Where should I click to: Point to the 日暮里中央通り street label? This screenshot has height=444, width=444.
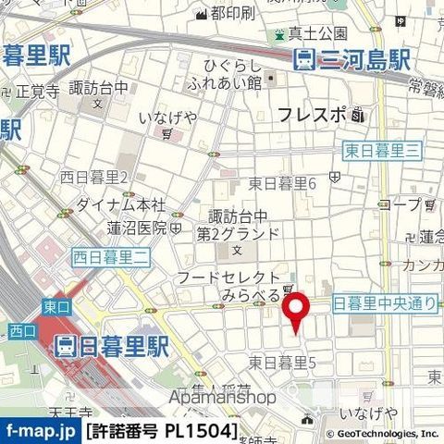coord(382,302)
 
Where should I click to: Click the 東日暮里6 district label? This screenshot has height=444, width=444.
coord(282,183)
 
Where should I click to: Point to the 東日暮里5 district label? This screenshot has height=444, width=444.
coord(282,362)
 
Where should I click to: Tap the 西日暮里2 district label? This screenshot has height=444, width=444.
coord(93,177)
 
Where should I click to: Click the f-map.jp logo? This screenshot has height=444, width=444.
coord(40,431)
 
